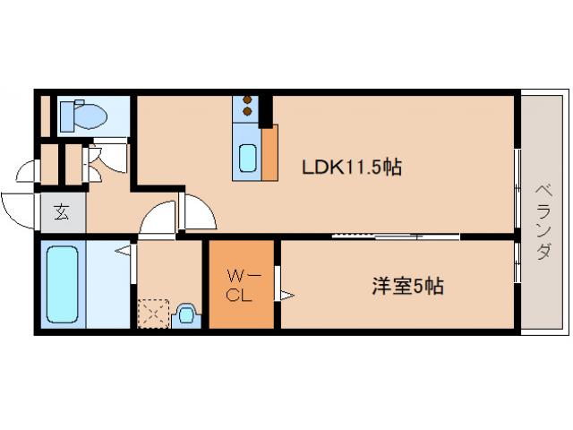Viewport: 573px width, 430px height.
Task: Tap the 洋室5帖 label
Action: click(x=407, y=287)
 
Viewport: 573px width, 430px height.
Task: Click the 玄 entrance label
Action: click(x=62, y=212)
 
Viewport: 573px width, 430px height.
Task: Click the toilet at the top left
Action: click(x=83, y=116)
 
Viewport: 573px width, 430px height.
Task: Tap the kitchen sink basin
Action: click(x=248, y=158)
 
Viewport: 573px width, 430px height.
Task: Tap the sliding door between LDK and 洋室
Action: click(x=394, y=236)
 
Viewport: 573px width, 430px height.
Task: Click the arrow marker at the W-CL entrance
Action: click(x=286, y=293)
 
